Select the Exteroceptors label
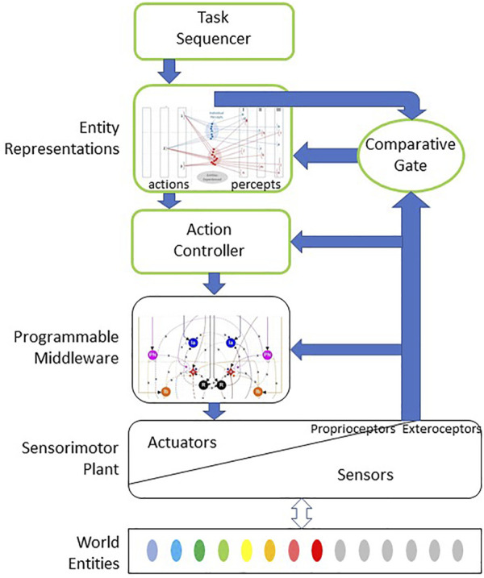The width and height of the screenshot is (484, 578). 443,428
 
